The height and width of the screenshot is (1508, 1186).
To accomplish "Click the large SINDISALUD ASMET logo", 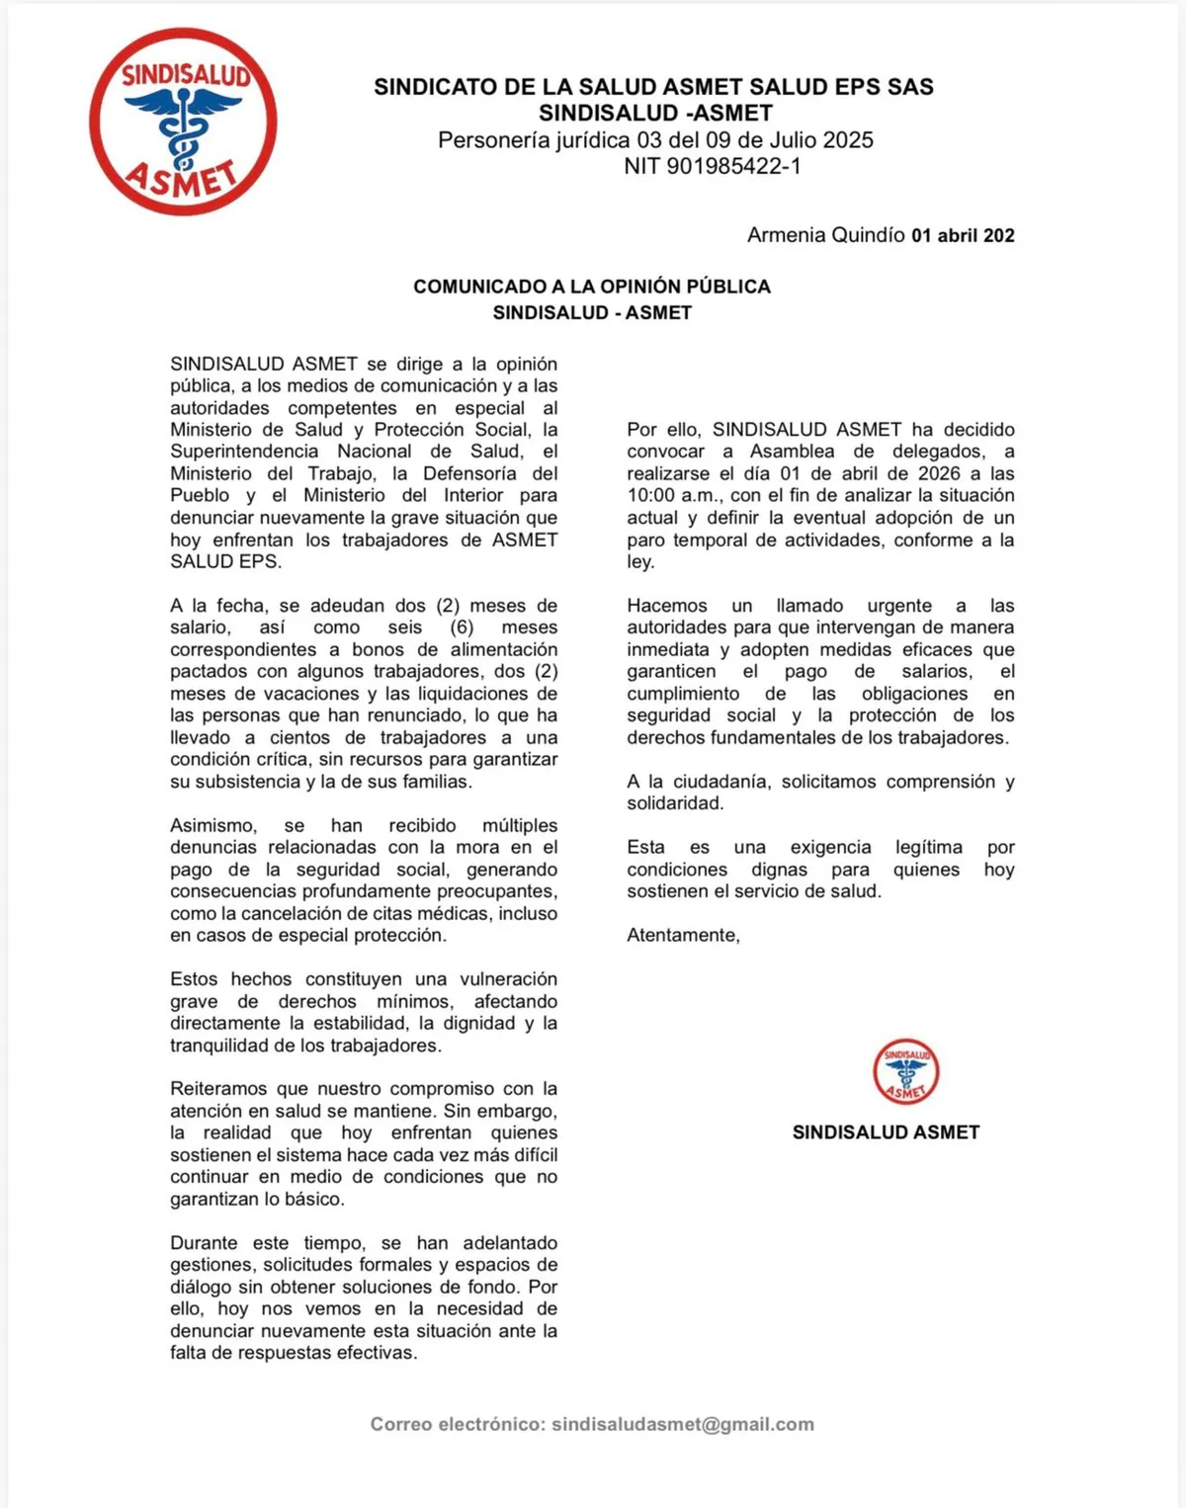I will tap(183, 122).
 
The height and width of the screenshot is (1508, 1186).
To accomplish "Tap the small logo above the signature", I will tap(905, 1071).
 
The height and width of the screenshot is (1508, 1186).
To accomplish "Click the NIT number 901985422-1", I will tap(733, 166).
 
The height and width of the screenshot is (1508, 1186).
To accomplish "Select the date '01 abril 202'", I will tap(963, 235).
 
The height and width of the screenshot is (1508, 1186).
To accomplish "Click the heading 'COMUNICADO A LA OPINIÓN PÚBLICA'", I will tap(591, 287).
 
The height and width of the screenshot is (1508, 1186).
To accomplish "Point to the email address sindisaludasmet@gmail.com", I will tap(683, 1424).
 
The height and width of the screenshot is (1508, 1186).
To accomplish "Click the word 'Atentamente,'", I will tap(683, 935).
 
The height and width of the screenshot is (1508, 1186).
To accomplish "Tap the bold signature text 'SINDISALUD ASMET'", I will tap(886, 1132).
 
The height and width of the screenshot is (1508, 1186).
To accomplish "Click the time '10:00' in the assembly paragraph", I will tap(649, 495).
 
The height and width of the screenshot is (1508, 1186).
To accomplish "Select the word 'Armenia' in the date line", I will tap(786, 235).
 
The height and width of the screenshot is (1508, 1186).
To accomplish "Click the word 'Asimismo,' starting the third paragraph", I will tap(212, 825).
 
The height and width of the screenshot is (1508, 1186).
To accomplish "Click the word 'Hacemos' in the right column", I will tap(667, 606).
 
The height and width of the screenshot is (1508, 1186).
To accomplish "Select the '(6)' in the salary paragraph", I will tap(462, 628).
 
